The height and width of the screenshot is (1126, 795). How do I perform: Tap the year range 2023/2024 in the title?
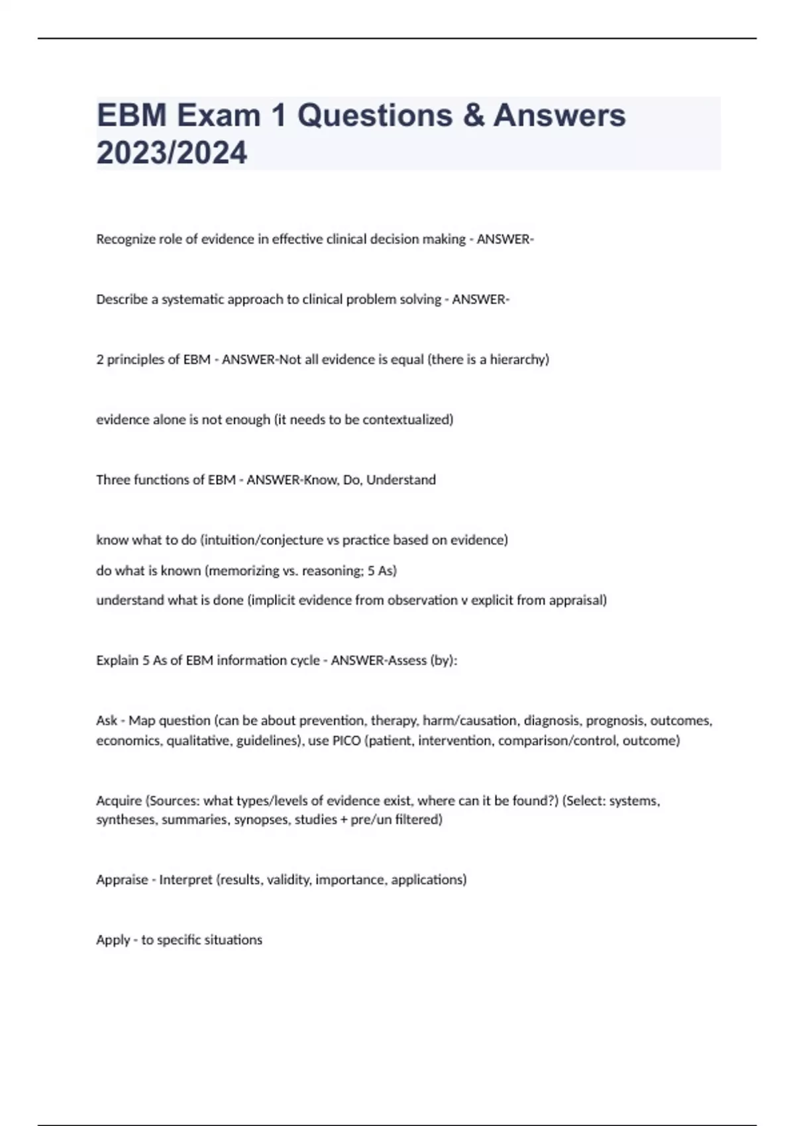pos(172,153)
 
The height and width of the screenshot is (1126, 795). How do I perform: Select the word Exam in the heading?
pos(218,116)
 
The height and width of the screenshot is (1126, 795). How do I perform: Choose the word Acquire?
pos(119,801)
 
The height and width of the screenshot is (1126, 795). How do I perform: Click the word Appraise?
pos(122,880)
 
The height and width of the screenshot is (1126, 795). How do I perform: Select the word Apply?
pos(113,940)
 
